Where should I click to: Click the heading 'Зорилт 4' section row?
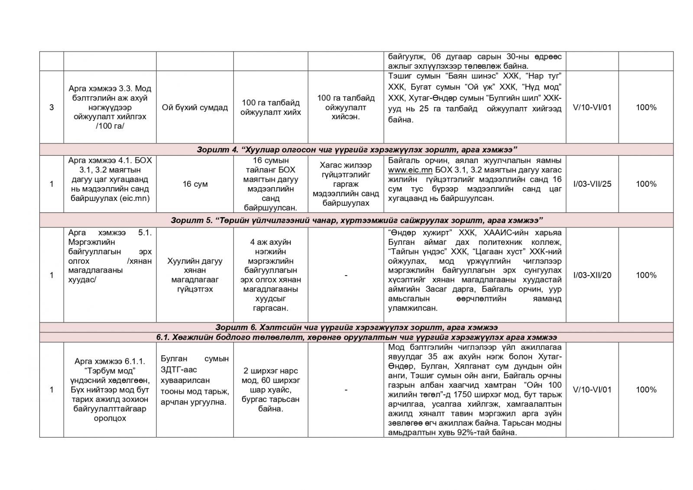356,149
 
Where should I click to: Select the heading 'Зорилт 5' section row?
356,220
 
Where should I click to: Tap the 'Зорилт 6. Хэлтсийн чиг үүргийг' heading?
356,327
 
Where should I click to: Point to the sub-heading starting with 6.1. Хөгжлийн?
356,337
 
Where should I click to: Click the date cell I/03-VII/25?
592,184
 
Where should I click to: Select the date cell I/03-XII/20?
592,275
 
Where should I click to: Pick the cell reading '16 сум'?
195,184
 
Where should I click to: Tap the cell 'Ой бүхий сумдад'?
195,107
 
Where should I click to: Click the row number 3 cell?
52,107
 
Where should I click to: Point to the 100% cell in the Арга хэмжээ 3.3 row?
646,107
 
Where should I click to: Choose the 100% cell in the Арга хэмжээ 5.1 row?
646,275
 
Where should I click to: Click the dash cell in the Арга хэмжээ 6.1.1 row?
346,390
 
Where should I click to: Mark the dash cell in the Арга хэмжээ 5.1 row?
346,275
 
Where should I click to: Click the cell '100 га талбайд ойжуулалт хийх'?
271,107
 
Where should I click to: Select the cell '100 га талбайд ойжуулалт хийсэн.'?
346,107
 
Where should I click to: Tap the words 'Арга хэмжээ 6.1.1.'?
110,361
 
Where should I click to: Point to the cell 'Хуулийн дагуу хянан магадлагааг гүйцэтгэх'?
195,275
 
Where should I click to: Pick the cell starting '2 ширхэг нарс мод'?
271,389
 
